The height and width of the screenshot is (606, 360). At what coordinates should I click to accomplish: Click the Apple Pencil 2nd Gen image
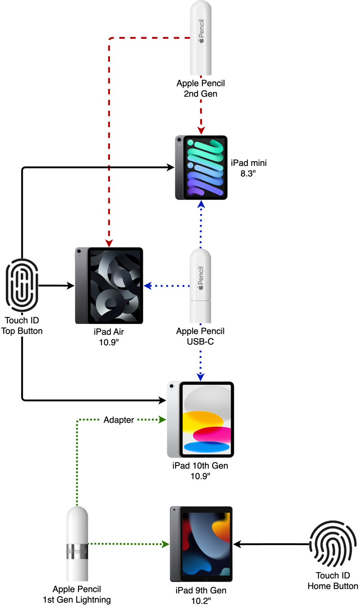coord(200,38)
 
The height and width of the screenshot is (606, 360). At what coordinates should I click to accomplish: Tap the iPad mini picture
coord(201,167)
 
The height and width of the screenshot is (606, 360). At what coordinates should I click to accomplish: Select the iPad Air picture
coord(109,286)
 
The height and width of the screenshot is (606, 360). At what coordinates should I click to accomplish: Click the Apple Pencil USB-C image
coord(200,286)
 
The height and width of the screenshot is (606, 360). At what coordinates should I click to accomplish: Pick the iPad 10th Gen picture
coord(200,420)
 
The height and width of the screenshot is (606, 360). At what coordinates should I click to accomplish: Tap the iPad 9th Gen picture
coord(201,544)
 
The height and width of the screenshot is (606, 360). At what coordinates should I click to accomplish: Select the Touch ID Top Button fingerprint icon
coord(22,286)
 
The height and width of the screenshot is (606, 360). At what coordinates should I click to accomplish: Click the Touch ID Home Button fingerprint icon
coord(333,544)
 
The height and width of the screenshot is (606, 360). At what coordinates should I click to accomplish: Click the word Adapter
coord(119,420)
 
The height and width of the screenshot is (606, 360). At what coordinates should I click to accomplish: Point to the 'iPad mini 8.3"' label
coord(249,168)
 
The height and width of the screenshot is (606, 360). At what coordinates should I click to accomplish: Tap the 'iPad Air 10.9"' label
coord(109,337)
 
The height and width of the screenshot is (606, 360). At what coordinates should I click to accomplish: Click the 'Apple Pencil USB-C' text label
coord(200,336)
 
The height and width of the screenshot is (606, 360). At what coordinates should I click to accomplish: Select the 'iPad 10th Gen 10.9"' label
coord(200,471)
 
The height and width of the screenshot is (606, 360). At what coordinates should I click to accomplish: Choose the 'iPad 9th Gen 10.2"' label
coord(201,595)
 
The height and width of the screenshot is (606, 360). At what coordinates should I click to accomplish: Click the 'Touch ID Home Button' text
coord(333,581)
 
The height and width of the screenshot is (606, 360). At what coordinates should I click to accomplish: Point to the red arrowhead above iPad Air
coord(109,243)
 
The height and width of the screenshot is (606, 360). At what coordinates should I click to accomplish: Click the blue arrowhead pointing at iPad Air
coord(148,286)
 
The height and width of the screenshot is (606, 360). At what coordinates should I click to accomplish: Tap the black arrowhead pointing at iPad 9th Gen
coord(237,545)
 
